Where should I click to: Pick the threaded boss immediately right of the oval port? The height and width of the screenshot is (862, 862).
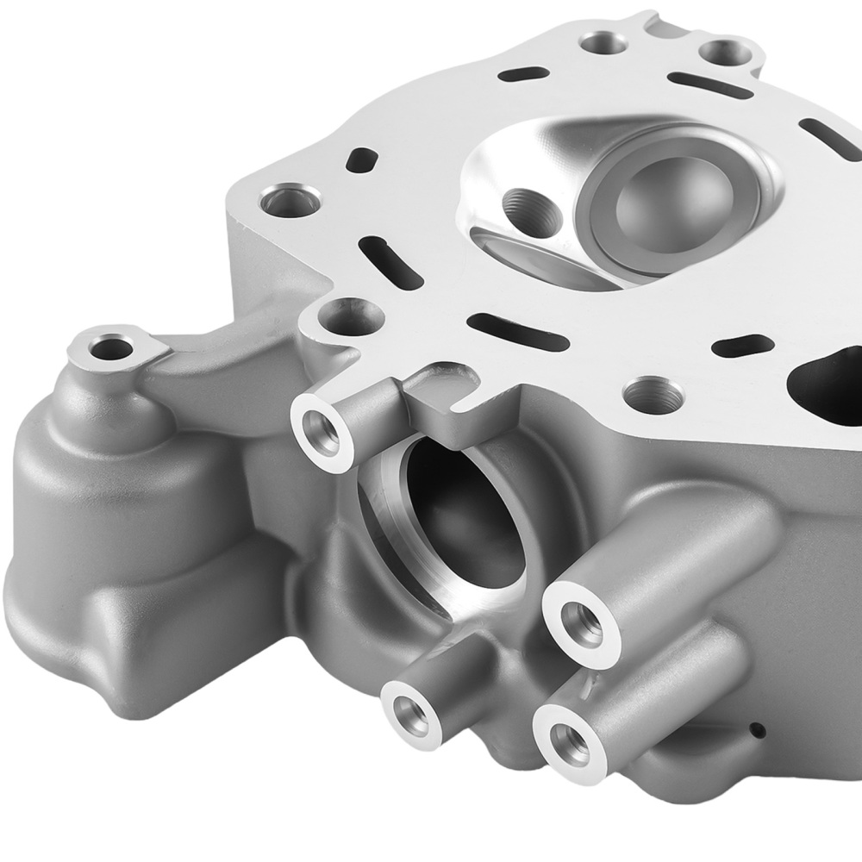tap(583, 624)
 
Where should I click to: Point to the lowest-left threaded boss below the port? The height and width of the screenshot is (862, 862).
tap(412, 712)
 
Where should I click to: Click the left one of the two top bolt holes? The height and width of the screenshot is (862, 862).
tap(603, 43)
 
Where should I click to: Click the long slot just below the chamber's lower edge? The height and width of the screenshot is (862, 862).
tap(517, 331)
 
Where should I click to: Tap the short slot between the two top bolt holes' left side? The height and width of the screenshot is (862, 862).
tap(524, 73)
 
